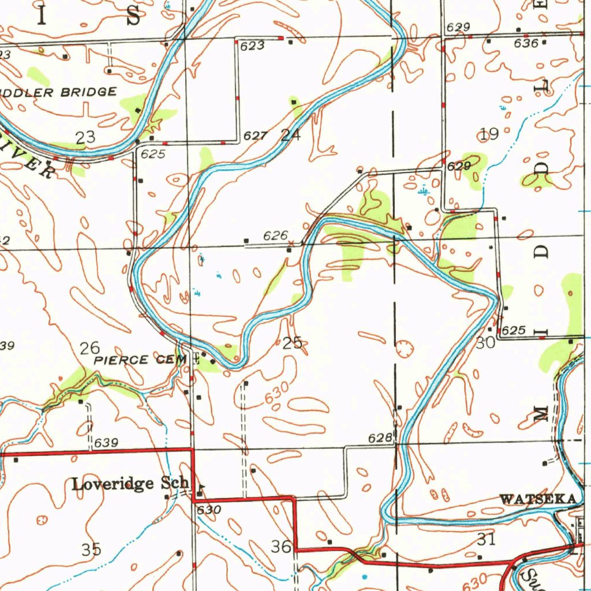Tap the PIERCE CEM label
141,360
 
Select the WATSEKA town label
538,499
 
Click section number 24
291,136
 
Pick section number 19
489,134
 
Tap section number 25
293,343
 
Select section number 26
90,347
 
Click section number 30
485,342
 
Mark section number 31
486,539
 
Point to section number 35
91,549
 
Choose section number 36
281,546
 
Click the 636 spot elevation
526,43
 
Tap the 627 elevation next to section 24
254,136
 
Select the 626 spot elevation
275,235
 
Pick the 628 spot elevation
380,439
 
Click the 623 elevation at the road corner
253,46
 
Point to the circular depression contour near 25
403,348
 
